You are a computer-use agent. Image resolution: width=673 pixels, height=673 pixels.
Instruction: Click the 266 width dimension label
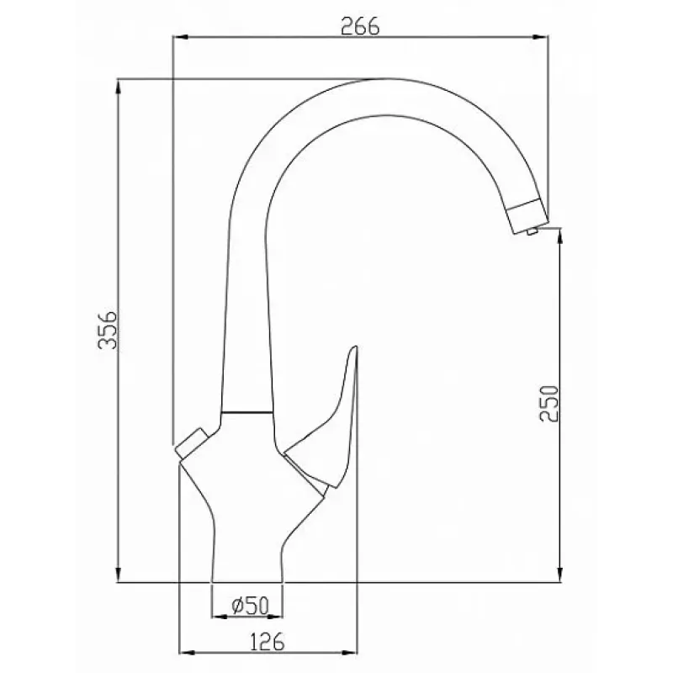click(360, 27)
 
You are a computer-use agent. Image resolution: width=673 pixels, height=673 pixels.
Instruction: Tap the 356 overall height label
click(108, 330)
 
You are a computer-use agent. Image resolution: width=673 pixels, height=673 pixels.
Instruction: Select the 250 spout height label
click(549, 404)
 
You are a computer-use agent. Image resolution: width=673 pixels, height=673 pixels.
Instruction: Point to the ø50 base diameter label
click(250, 606)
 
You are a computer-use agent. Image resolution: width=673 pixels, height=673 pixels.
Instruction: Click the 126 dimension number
click(267, 642)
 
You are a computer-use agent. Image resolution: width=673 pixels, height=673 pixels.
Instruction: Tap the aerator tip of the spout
click(528, 217)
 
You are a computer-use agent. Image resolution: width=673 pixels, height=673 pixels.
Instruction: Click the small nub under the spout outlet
click(533, 231)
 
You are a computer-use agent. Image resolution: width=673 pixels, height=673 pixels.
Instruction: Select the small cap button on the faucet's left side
click(192, 443)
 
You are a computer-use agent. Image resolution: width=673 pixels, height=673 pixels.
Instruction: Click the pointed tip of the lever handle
click(355, 347)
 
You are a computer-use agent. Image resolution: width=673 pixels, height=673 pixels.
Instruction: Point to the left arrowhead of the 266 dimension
click(180, 37)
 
